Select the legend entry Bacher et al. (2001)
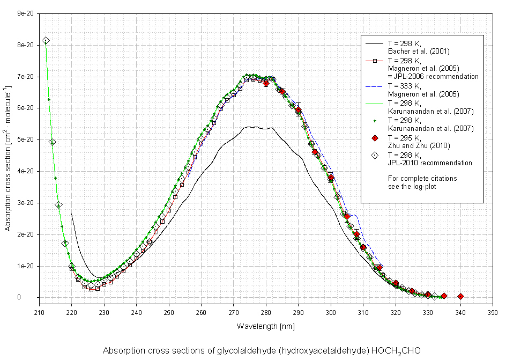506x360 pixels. pos(418,52)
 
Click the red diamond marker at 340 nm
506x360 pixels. pos(460,296)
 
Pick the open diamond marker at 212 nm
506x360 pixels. pos(46,41)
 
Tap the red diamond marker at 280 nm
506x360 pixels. pos(266,83)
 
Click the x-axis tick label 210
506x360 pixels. pos(39,312)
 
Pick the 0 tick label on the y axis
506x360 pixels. pos(33,297)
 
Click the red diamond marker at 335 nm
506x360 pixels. pos(444,296)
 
